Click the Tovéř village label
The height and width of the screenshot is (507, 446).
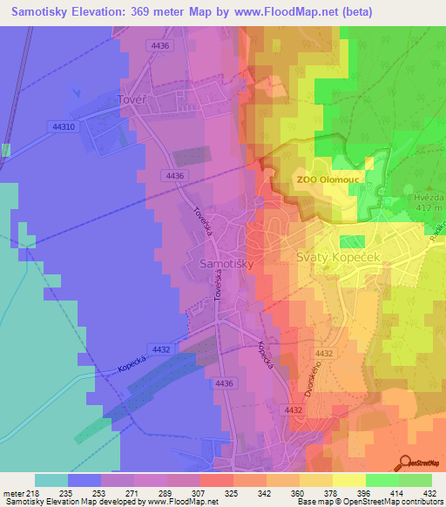pyautogui.click(x=129, y=100)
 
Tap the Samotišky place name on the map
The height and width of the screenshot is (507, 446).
pyautogui.click(x=227, y=261)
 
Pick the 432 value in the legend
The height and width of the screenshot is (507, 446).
pyautogui.click(x=431, y=492)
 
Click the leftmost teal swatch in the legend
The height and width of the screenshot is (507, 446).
pyautogui.click(x=51, y=480)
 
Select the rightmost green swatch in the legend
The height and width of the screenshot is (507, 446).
pyautogui.click(x=415, y=480)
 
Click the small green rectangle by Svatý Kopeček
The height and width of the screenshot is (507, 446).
pyautogui.click(x=352, y=241)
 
